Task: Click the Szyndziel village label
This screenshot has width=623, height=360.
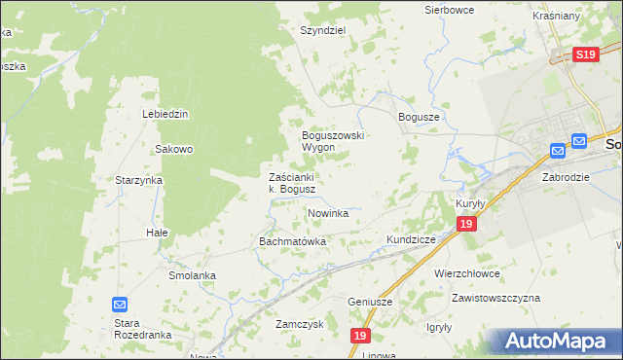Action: click(323, 30)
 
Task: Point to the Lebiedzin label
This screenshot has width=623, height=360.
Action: click(165, 114)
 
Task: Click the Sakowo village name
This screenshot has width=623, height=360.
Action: click(175, 150)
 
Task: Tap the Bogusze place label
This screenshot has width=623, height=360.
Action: click(420, 116)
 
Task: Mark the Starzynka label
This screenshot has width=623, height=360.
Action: click(138, 181)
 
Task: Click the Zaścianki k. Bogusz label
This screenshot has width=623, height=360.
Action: click(291, 183)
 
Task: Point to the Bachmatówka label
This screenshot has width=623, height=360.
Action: click(291, 240)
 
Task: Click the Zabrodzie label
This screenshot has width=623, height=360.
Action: click(567, 178)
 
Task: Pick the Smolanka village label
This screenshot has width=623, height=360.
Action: click(191, 275)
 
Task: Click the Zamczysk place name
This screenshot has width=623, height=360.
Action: click(299, 324)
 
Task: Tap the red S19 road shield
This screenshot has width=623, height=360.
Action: click(585, 56)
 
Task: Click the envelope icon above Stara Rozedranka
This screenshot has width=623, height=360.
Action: click(120, 305)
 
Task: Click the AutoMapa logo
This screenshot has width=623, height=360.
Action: click(556, 342)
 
